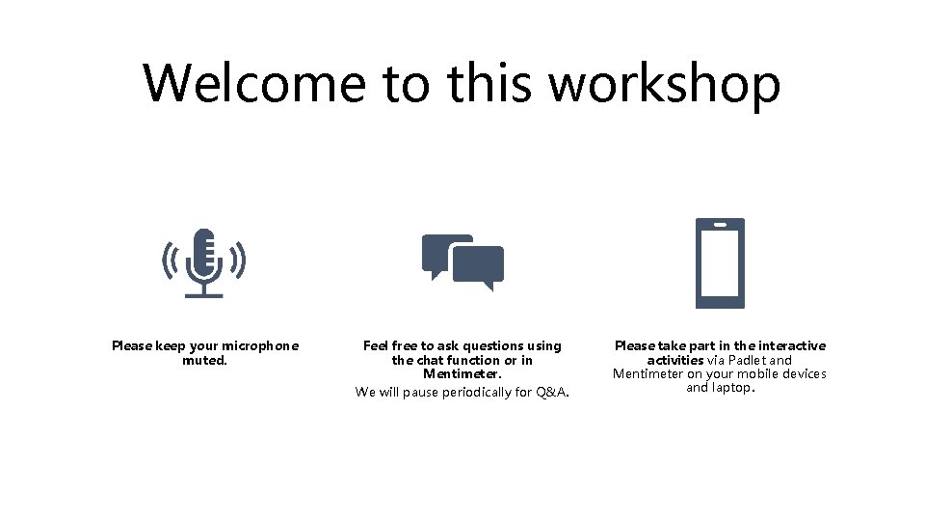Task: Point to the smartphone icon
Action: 720,262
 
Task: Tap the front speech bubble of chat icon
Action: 479,265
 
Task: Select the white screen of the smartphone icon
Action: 720,262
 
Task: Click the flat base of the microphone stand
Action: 203,295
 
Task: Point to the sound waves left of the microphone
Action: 170,259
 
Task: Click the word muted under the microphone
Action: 203,361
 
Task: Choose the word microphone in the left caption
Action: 260,345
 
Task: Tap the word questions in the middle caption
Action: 493,345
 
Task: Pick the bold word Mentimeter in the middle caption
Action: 462,373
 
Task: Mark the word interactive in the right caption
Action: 792,345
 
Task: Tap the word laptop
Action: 730,388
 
